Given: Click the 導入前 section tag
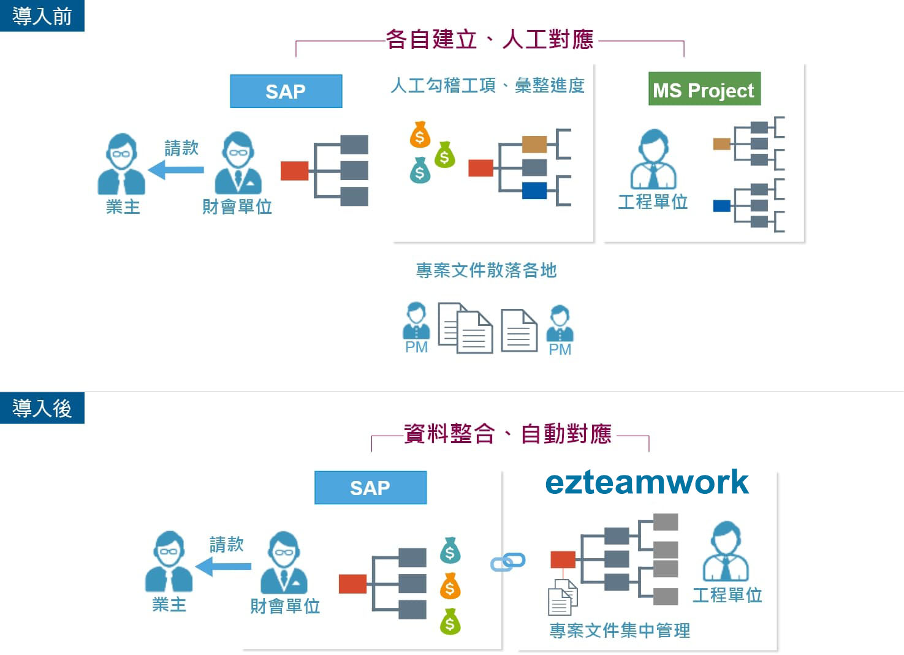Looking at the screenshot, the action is [x=42, y=16].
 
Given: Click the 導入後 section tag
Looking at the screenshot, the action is [x=42, y=407].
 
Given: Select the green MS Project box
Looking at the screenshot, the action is [x=704, y=89].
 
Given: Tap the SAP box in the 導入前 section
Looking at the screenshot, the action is [x=286, y=91].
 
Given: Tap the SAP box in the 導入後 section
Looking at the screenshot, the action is [x=370, y=488].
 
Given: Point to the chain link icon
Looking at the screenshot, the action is [x=507, y=561].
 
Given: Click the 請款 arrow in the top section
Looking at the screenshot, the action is [x=176, y=170].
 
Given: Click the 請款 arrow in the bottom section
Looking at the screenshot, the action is [x=223, y=566].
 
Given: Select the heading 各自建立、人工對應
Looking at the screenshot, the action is [x=490, y=39].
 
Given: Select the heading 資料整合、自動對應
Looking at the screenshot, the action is [x=507, y=434].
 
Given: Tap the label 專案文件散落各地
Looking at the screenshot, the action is [x=486, y=270].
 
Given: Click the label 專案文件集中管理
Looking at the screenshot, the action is [x=620, y=630].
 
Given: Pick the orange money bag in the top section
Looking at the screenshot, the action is [x=420, y=134].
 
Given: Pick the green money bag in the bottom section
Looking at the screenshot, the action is [x=450, y=621].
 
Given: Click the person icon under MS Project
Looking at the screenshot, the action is [x=653, y=159].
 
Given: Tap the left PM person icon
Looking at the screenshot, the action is [x=417, y=320].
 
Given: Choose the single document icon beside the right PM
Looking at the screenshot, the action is [x=519, y=330].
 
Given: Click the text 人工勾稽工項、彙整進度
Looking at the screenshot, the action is [x=488, y=86].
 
